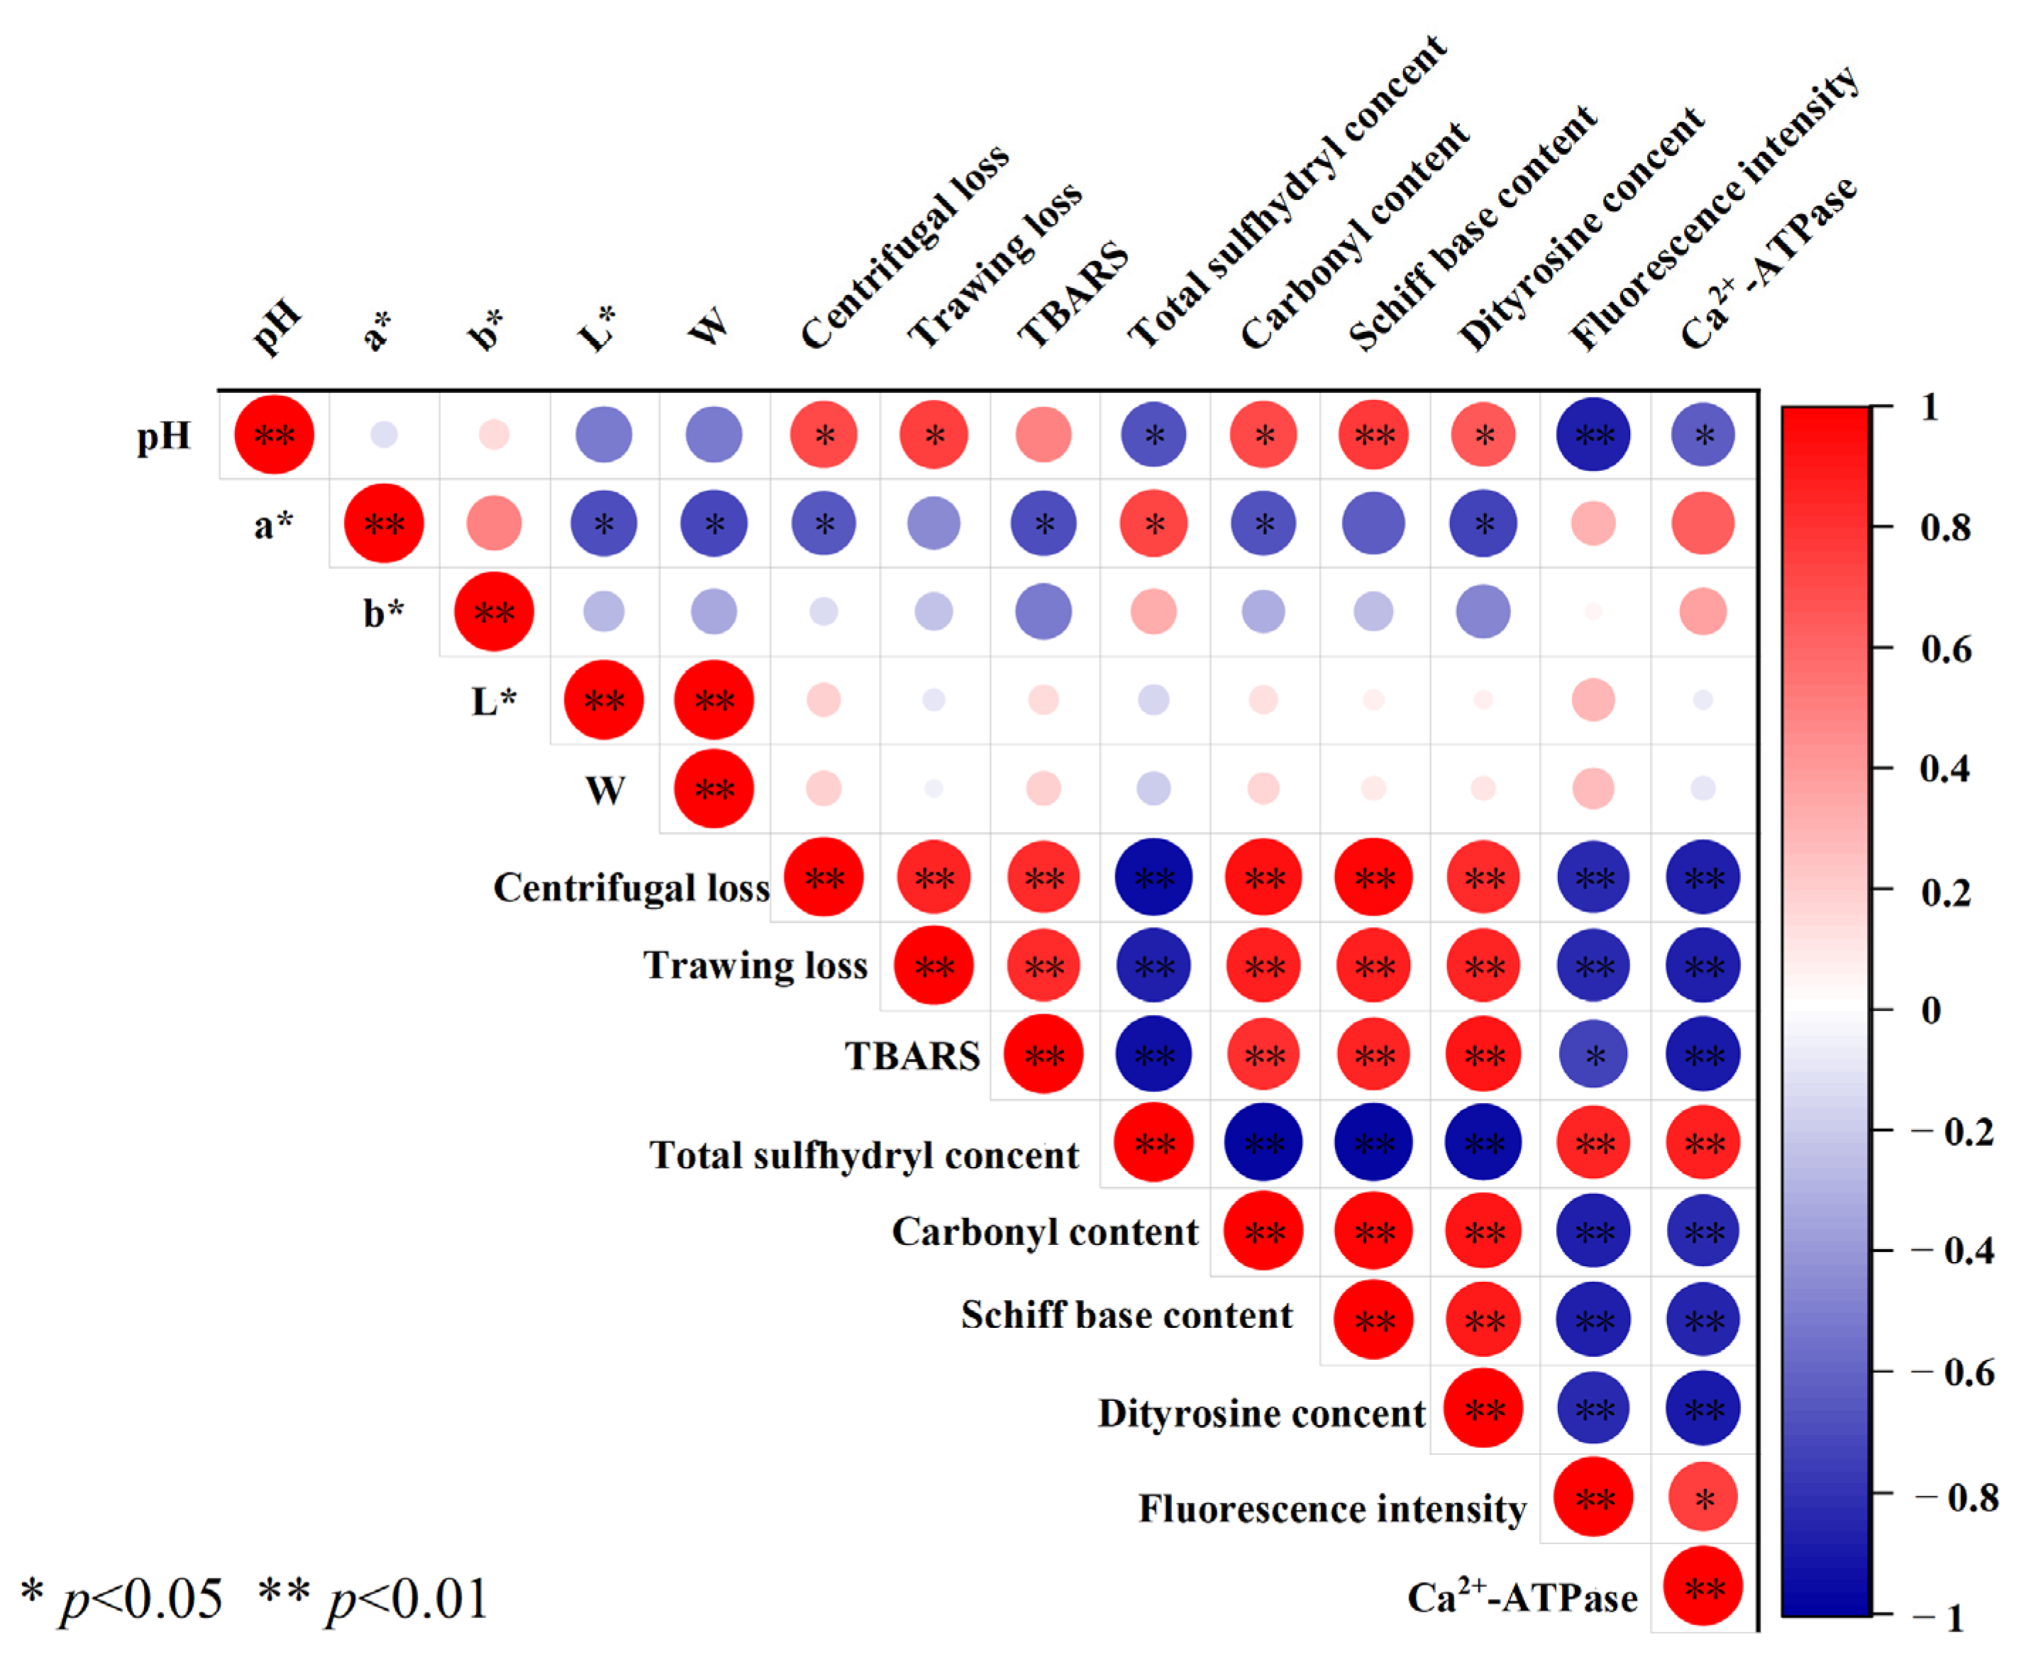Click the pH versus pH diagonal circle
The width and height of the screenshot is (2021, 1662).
coord(274,435)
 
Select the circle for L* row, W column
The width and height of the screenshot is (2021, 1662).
coord(713,700)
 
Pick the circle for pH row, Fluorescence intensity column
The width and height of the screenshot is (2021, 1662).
coord(1593,435)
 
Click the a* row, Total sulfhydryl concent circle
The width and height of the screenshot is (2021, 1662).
coord(1153,523)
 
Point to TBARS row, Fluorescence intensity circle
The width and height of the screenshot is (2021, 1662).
coord(1593,1054)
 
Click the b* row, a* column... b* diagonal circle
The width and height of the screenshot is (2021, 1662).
coord(494,611)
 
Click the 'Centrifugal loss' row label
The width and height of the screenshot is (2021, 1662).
coord(631,887)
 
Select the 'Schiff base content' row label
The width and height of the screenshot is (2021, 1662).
coord(1126,1315)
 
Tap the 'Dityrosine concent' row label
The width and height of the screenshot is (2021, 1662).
coord(1261,1413)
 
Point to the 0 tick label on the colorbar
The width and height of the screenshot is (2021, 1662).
coord(1931,1010)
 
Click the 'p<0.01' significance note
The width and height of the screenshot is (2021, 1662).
coord(373,1599)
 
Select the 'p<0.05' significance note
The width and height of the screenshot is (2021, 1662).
coord(123,1599)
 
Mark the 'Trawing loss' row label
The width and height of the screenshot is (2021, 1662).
coord(755,965)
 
